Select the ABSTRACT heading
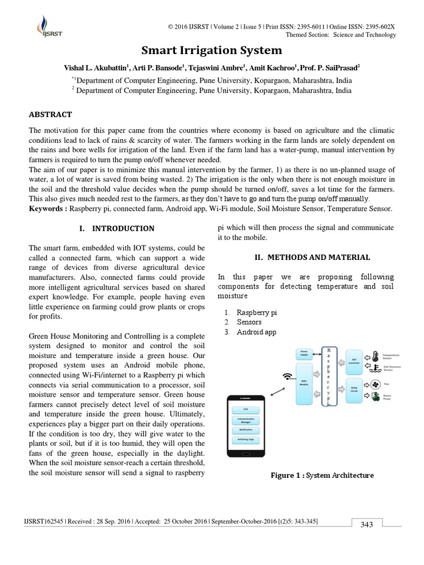(50, 115)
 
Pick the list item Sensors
(249, 322)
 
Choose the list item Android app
(257, 332)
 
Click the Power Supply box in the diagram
(304, 352)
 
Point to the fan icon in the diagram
(375, 383)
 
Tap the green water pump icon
(375, 397)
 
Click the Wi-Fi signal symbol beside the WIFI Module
(287, 377)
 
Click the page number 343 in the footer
(367, 525)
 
